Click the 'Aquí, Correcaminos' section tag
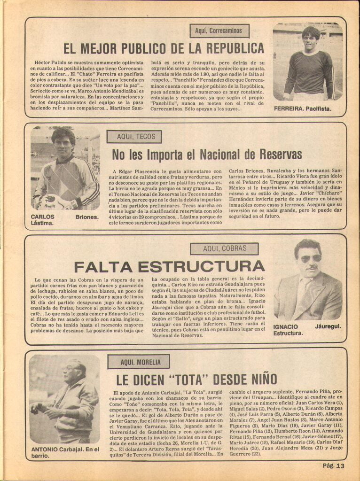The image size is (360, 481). click(219, 31)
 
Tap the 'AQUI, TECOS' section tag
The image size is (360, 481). click(134, 137)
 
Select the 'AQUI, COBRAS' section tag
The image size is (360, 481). click(224, 248)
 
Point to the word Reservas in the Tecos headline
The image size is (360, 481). click(276, 155)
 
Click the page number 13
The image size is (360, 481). click(340, 465)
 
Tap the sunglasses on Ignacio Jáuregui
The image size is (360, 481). click(310, 258)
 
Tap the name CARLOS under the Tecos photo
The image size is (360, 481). click(42, 217)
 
